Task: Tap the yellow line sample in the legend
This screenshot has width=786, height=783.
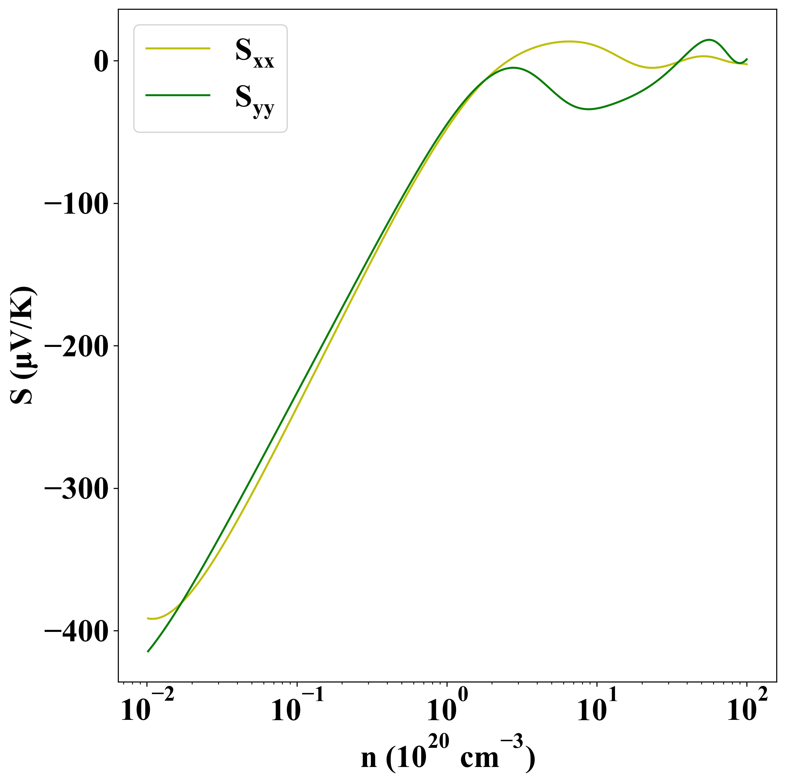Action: tap(178, 48)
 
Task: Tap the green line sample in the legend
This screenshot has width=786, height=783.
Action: tap(178, 95)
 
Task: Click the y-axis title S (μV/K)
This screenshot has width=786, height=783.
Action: tap(24, 345)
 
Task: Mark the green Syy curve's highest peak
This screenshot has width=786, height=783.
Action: tap(709, 40)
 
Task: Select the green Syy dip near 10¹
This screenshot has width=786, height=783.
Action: tap(588, 109)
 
